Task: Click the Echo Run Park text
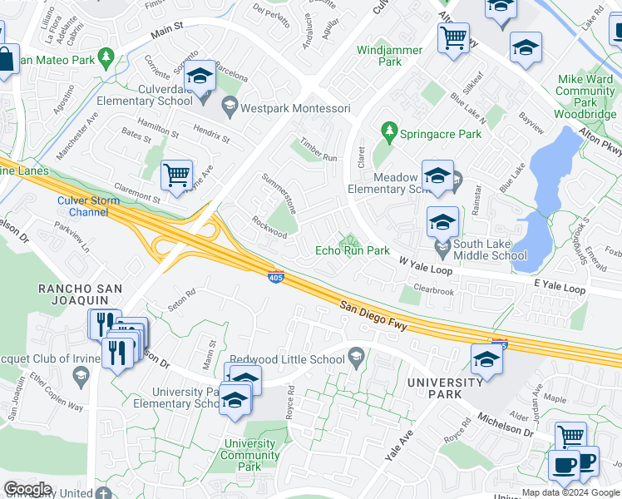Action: pos(353,250)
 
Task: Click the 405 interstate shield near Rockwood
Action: pos(274,276)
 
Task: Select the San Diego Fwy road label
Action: pos(373,316)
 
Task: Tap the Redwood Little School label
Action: pos(288,359)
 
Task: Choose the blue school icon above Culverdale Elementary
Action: pos(199,78)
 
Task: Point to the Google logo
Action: pos(27,488)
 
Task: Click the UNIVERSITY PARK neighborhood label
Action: pos(445,388)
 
